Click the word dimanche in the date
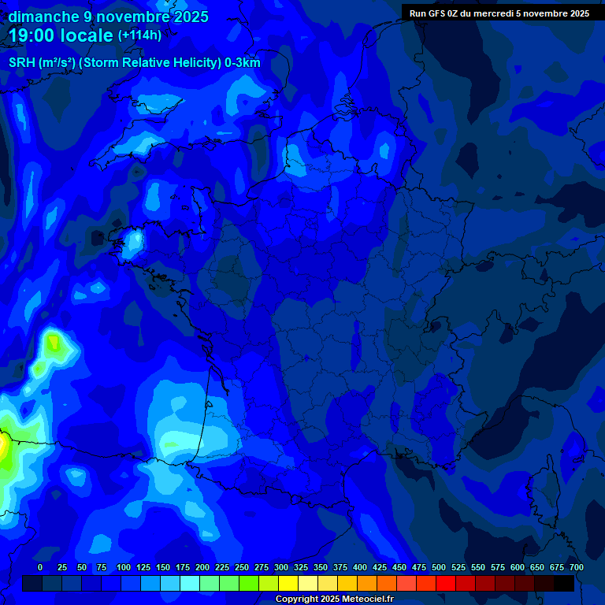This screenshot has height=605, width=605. click(43, 17)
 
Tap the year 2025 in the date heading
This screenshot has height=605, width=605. click(189, 17)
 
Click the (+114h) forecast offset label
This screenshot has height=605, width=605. click(139, 35)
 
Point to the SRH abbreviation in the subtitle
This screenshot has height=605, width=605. click(22, 63)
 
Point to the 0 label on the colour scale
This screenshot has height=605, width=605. click(40, 568)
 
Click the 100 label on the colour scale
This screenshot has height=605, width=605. click(124, 568)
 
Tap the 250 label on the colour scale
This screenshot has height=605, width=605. click(242, 568)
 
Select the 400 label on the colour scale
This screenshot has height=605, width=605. click(360, 568)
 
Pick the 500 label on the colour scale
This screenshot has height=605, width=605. click(439, 568)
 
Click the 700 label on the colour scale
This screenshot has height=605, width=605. click(576, 568)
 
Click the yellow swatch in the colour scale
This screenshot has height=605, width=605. click(288, 583)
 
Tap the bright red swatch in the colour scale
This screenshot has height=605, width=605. click(446, 583)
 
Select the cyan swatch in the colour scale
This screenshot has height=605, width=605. click(190, 583)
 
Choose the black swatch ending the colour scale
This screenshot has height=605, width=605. click(564, 583)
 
